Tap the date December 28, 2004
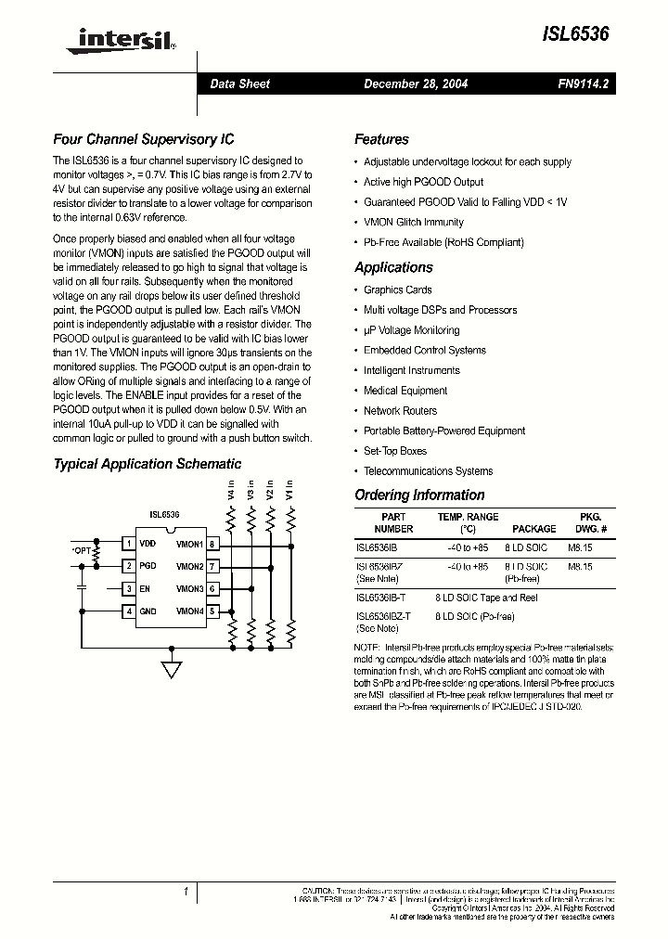[x=416, y=84]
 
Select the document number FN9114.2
[x=583, y=84]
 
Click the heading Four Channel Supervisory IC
[x=143, y=140]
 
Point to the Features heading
[x=381, y=140]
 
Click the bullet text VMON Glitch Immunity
[x=413, y=223]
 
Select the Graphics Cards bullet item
[x=397, y=289]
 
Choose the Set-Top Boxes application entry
[x=394, y=451]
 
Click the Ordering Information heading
[x=419, y=495]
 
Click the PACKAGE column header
[x=534, y=529]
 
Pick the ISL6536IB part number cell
[x=376, y=547]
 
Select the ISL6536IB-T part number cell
[x=380, y=598]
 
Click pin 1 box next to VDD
[x=129, y=544]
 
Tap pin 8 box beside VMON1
[x=212, y=544]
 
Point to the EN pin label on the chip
[x=145, y=588]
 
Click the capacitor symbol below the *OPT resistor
[x=81, y=587]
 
